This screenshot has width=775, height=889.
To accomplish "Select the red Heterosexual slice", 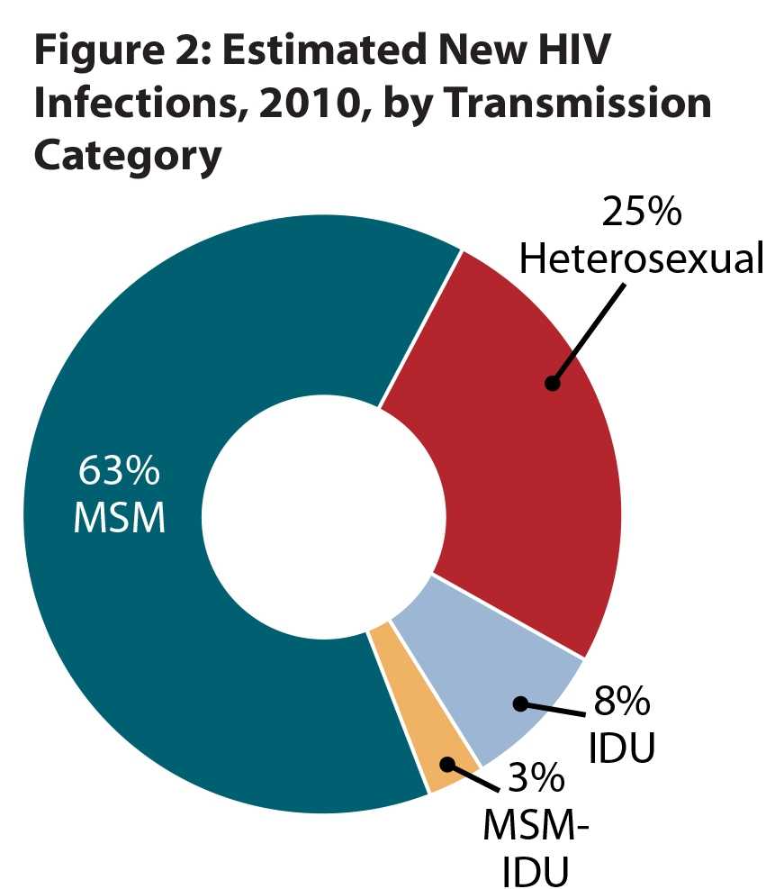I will click(504, 450).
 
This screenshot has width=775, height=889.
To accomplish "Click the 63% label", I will click(119, 471).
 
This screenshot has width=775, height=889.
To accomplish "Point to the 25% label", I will click(642, 214).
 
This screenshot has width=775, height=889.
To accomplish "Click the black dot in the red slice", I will click(552, 383).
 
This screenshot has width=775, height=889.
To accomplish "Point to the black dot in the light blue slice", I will click(519, 703).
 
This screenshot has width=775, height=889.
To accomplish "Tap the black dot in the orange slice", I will click(446, 764).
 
